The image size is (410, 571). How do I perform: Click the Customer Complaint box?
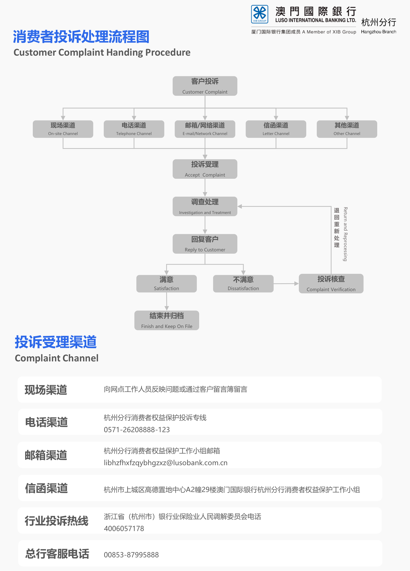click(x=205, y=86)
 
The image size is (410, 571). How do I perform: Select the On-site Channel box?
click(x=63, y=129)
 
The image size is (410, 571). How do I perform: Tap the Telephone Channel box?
click(x=134, y=129)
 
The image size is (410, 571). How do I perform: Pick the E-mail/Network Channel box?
click(x=205, y=129)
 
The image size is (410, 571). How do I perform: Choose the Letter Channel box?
click(x=276, y=129)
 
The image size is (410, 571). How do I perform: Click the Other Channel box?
click(x=347, y=129)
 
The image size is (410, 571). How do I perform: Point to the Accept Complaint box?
click(x=205, y=169)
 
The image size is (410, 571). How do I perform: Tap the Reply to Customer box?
click(x=205, y=244)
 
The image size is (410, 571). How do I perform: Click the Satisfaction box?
click(x=166, y=284)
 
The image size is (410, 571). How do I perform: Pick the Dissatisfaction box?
click(x=243, y=284)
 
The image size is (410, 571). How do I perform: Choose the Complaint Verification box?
click(x=331, y=284)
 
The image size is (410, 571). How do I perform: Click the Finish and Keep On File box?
click(x=167, y=320)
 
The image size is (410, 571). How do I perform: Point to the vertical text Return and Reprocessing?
click(x=345, y=234)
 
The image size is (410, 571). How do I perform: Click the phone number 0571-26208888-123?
click(x=137, y=429)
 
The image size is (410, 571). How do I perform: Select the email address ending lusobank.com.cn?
click(x=165, y=463)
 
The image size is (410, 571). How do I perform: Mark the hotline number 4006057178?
click(x=124, y=528)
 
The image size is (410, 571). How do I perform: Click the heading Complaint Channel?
click(x=57, y=358)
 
